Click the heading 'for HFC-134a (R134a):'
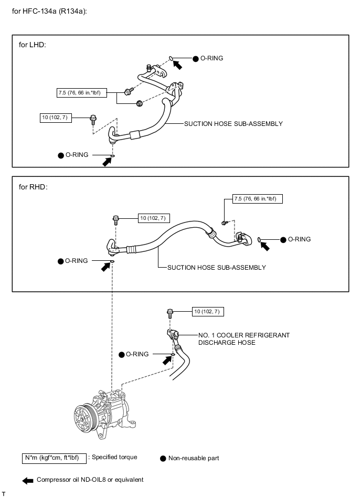click(x=49, y=10)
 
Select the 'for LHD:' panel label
click(x=33, y=45)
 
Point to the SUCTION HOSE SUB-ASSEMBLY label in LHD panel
click(x=233, y=124)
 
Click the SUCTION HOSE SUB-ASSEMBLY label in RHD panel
click(x=216, y=268)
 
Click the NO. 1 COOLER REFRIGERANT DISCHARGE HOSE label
click(x=243, y=338)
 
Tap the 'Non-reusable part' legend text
click(x=193, y=458)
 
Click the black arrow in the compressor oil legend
click(x=27, y=480)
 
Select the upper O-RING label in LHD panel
click(x=211, y=59)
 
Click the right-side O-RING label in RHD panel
click(x=299, y=239)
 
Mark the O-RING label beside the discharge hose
click(x=137, y=355)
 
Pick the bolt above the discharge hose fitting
click(x=170, y=313)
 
